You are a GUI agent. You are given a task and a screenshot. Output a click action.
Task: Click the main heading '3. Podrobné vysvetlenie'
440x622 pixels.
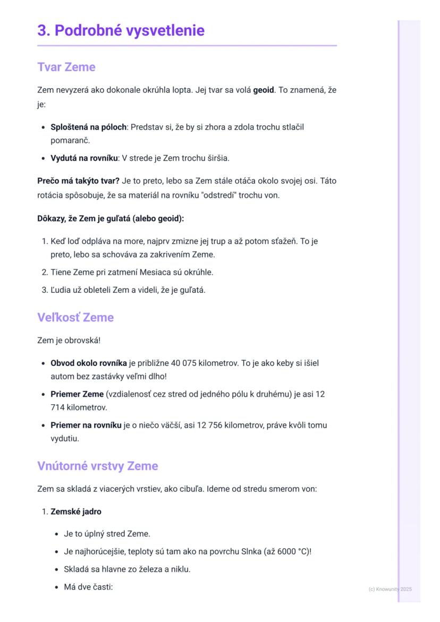coord(121,30)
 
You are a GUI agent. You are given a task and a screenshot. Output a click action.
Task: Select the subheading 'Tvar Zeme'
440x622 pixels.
coord(66,67)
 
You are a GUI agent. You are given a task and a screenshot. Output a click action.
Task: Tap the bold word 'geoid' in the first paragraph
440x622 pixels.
coord(264,90)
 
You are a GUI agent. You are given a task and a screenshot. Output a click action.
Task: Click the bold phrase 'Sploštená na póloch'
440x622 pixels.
coord(88,127)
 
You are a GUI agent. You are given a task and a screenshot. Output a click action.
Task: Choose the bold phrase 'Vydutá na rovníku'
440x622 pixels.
coord(84,158)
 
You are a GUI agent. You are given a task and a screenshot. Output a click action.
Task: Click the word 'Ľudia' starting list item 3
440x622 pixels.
coord(61,290)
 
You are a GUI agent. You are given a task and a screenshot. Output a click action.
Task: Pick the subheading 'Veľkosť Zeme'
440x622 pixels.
coord(75,318)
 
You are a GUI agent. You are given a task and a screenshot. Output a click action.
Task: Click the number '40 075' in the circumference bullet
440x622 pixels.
coord(183,363)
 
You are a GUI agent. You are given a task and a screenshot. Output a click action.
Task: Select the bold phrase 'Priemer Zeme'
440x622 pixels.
coord(77,394)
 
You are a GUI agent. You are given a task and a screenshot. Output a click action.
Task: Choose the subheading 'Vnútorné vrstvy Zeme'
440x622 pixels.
coord(98,466)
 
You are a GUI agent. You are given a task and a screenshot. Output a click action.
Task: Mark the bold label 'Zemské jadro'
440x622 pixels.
coord(75,512)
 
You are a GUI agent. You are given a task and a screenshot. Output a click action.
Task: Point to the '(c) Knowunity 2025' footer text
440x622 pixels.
coord(390,589)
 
